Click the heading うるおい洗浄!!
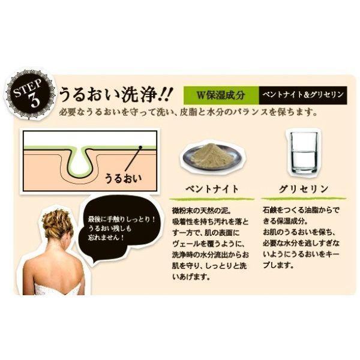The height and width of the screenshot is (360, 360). click(115, 94)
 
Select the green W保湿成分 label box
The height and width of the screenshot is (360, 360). click(221, 95)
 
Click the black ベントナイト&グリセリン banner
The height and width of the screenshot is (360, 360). click(303, 95)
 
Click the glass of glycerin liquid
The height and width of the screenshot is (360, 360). click(304, 152)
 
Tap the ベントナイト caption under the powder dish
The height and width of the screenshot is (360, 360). click(212, 190)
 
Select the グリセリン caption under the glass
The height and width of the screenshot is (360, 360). click(304, 190)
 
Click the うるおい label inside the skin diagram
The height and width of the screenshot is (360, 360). click(123, 179)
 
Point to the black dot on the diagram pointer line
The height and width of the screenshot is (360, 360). click(140, 147)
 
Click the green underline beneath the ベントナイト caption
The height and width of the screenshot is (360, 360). click(212, 199)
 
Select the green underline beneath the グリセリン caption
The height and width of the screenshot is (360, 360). click(304, 199)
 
